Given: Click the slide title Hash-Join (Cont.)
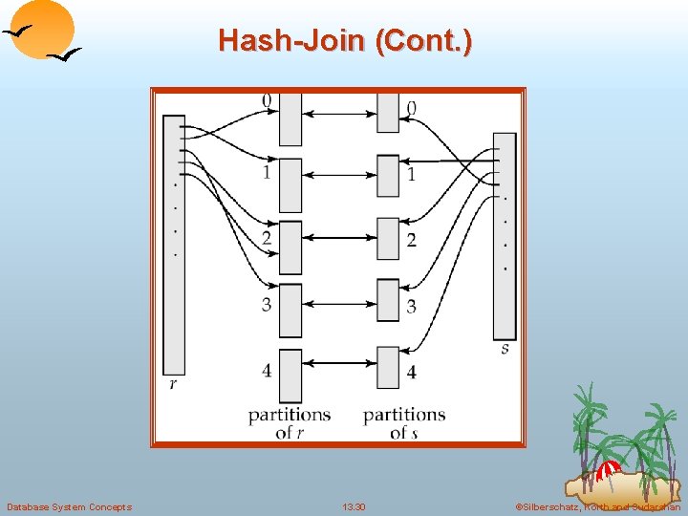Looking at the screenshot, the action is [344, 41].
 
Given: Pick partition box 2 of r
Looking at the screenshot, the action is [290, 247].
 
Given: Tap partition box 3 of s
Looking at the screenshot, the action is [387, 305].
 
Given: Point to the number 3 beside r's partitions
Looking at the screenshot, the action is [267, 305].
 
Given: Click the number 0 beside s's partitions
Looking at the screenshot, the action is [411, 109].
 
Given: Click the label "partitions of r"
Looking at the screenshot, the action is [289, 423].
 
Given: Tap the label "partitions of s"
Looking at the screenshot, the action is [404, 423].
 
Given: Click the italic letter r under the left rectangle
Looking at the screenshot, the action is [173, 384].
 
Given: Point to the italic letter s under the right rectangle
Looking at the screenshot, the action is [505, 350].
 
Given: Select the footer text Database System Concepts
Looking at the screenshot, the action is [69, 506].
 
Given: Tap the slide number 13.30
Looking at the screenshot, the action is [353, 506].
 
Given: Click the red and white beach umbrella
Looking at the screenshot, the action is [608, 470].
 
